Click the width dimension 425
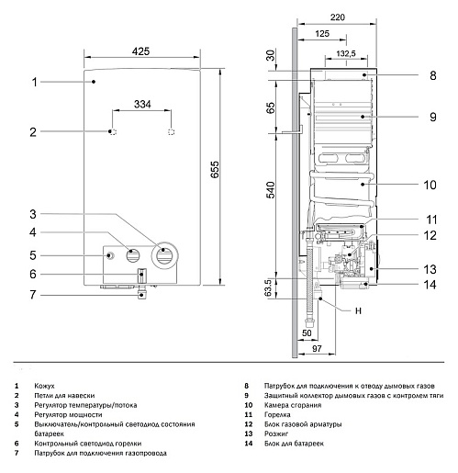pos(140,51)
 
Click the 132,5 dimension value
pos(348,53)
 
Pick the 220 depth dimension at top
pos(336,17)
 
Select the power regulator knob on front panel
pos(134,256)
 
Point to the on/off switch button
pos(110,256)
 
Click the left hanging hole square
pos(112,133)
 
